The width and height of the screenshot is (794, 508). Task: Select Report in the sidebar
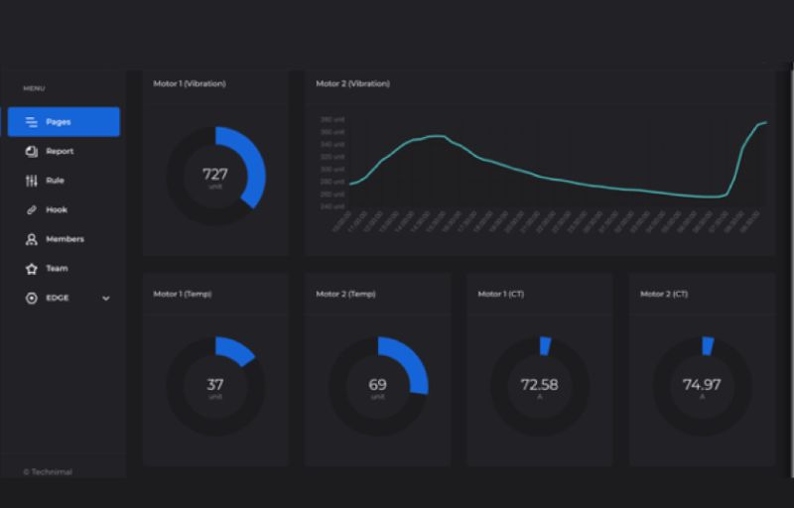[60, 152]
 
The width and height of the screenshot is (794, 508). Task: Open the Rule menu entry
[55, 181]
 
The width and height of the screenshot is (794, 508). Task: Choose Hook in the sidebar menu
[57, 210]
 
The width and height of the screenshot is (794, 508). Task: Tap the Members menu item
[65, 239]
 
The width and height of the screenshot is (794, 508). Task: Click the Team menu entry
[57, 269]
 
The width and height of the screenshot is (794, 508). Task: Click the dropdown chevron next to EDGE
[106, 298]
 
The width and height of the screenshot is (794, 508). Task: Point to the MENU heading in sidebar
[34, 88]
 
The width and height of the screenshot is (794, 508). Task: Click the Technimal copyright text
[48, 472]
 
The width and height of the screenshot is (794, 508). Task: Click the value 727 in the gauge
[215, 174]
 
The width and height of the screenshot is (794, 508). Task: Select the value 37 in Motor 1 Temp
[215, 385]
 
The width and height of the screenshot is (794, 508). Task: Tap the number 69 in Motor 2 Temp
[377, 385]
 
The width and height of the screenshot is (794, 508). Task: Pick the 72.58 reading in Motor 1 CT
[539, 385]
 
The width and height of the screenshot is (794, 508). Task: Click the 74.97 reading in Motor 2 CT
[702, 385]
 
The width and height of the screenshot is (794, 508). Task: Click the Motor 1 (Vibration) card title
[189, 83]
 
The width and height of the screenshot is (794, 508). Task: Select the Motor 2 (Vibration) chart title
[352, 83]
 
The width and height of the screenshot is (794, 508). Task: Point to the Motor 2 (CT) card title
[665, 294]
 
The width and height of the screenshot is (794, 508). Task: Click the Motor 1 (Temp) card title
[182, 294]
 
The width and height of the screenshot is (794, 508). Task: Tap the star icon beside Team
[31, 269]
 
